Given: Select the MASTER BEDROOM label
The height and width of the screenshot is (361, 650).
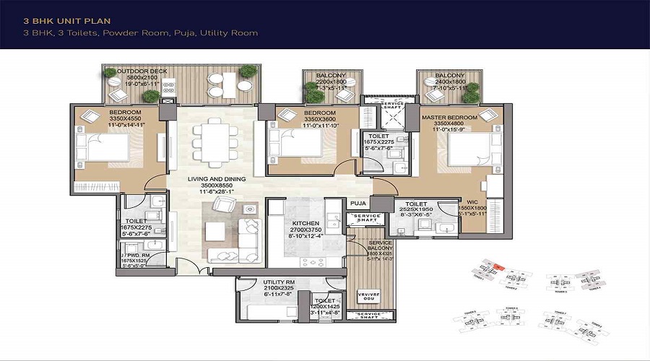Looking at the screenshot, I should pos(452,118).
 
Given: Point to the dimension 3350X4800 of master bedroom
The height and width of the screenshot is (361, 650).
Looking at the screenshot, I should pos(452,123).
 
